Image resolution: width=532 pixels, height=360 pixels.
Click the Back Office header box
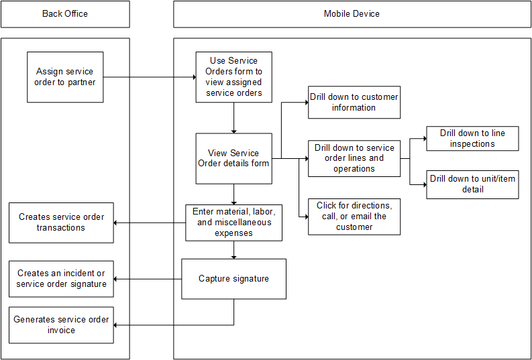[x=65, y=14]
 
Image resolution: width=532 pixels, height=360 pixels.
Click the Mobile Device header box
[x=352, y=14]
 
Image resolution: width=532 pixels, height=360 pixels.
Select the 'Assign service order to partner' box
[x=65, y=77]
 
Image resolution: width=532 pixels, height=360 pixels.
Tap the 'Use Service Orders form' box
[x=233, y=77]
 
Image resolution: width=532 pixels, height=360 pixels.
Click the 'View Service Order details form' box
[x=233, y=158]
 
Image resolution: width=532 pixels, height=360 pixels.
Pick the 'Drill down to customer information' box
[x=354, y=103]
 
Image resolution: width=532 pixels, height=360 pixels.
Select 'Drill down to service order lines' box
[x=354, y=158]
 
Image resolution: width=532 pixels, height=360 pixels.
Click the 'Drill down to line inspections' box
[x=472, y=139]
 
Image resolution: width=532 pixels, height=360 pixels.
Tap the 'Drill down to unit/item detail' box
[x=472, y=184]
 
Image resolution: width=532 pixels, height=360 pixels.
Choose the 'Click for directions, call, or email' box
[x=354, y=217]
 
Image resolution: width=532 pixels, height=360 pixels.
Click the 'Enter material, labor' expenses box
[x=233, y=223]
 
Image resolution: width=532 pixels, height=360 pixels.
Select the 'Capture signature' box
[x=233, y=279]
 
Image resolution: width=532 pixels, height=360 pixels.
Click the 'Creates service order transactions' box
[x=61, y=223]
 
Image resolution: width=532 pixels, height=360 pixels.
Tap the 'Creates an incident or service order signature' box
[x=61, y=279]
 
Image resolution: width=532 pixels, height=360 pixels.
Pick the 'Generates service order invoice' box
[x=61, y=325]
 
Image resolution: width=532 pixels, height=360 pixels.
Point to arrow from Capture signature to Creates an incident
[x=148, y=279]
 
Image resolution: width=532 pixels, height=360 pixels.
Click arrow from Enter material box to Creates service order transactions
[x=149, y=223]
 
